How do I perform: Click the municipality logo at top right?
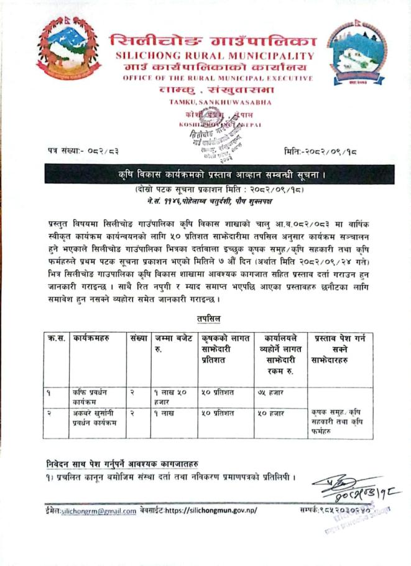[x=356, y=52]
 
